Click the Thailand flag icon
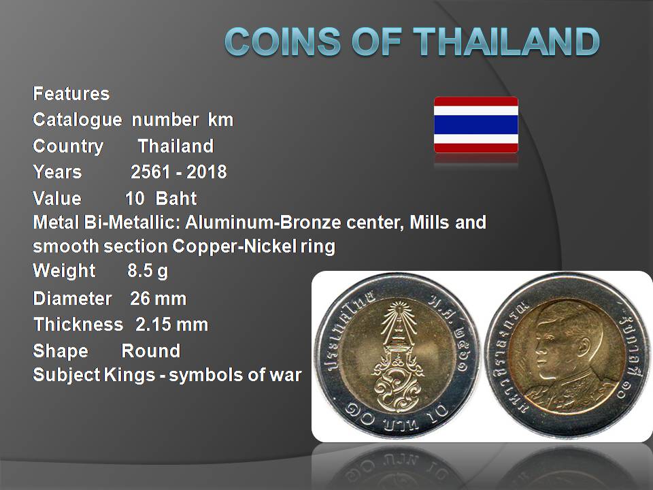click(476, 125)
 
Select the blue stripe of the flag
click(476, 125)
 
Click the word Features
click(71, 94)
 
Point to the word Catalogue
click(78, 120)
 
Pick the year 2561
click(150, 172)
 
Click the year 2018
click(207, 172)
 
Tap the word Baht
click(175, 198)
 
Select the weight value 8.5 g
click(148, 272)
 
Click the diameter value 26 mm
click(158, 299)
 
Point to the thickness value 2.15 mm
click(171, 325)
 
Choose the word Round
click(151, 351)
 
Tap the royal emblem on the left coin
click(398, 356)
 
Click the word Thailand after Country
click(175, 146)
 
